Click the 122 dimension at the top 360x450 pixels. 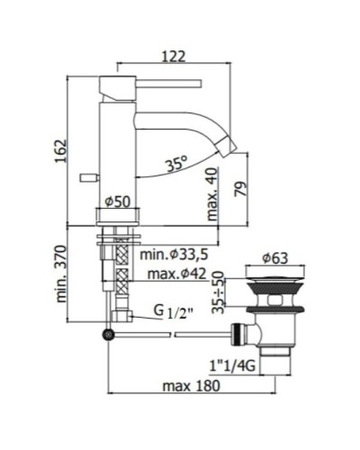(174, 56)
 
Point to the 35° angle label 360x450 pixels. (175, 165)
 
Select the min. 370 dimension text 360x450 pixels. (60, 274)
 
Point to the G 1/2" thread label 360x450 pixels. (167, 314)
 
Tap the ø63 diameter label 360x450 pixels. (274, 259)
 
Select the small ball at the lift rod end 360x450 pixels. (109, 335)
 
